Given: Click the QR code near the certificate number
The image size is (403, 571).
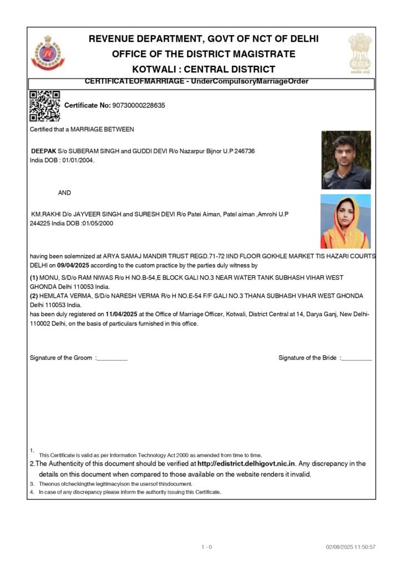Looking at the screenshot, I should [x=44, y=106].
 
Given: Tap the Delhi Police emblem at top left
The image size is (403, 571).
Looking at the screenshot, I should [x=47, y=53].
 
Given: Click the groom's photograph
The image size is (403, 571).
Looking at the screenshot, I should [x=346, y=160].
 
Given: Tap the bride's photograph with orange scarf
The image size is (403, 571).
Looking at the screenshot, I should [x=345, y=221].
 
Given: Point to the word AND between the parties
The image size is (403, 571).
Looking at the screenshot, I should [x=65, y=193].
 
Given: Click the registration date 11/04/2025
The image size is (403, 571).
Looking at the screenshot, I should [x=121, y=314].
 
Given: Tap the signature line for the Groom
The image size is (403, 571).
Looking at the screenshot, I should [x=112, y=358].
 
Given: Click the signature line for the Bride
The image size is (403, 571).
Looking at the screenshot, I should [x=356, y=358].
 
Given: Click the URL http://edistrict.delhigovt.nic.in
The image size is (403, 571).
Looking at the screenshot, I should [x=246, y=463].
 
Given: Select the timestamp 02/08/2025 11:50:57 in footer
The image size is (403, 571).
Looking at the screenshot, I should [x=351, y=547].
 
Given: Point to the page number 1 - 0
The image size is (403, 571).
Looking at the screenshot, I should [x=207, y=547].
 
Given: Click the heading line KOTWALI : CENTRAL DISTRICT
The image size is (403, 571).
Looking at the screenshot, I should [x=204, y=70].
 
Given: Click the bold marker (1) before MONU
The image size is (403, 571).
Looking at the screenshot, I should [x=34, y=278].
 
